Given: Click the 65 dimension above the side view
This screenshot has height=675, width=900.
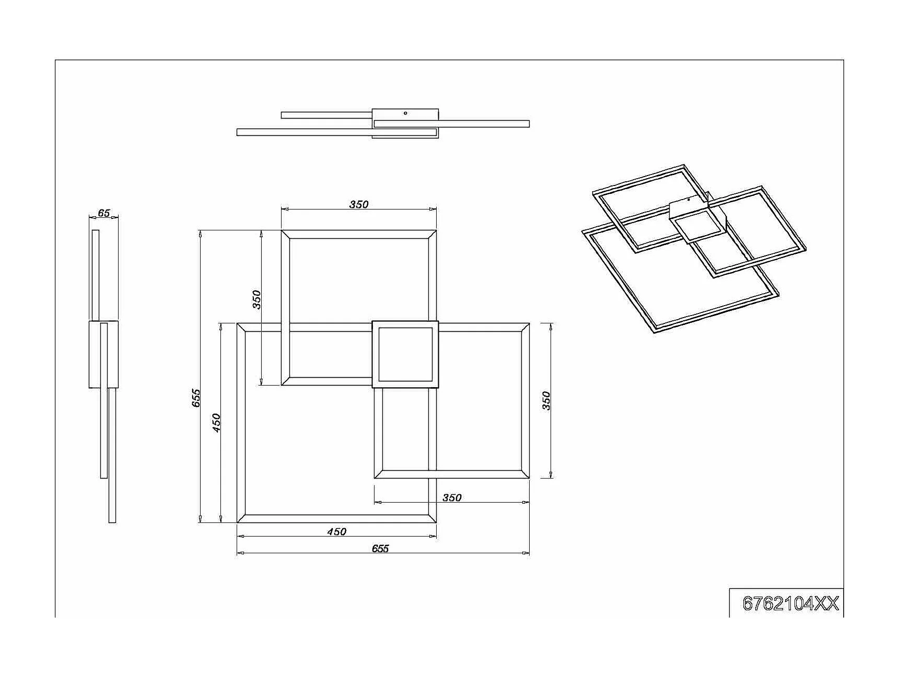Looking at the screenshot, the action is point(104,213).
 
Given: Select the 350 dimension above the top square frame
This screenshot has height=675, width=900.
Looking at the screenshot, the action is point(359,204).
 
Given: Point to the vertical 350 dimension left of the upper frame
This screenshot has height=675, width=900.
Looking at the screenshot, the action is point(256,299).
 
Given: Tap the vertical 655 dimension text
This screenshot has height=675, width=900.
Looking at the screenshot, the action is point(196,398).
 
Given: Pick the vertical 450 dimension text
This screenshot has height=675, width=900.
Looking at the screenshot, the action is point(216,422).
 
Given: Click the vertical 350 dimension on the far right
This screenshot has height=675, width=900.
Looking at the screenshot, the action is point(546,401).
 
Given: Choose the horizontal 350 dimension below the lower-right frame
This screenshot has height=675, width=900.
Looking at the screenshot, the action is point(452,497).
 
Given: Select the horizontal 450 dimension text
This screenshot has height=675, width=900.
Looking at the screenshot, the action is point(336,531).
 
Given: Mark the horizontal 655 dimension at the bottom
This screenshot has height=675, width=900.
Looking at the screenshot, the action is point(380,548).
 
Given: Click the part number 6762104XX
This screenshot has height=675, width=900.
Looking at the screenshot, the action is point(790,603).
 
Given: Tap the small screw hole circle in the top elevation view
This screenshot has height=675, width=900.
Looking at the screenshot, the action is point(405,113).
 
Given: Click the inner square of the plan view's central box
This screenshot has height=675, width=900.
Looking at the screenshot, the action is point(405,354).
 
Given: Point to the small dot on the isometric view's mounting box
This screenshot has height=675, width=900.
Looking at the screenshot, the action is point(689,200).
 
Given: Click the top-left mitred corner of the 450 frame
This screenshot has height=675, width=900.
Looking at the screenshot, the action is point(241,328).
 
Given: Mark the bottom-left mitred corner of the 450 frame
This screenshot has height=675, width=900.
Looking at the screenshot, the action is point(241,518).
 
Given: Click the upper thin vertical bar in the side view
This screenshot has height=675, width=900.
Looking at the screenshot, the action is point(96,274).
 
